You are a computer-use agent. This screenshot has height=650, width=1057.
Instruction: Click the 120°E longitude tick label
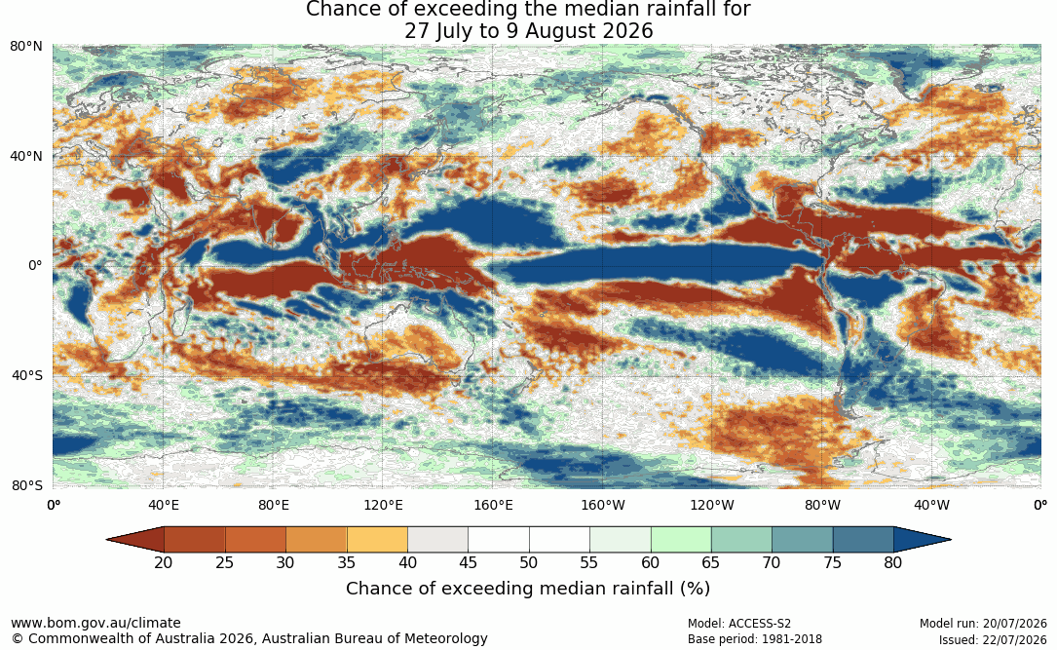(x=384, y=505)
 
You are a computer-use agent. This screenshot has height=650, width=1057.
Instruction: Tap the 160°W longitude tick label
(x=603, y=505)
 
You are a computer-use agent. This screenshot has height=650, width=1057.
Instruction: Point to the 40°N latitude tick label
(x=26, y=157)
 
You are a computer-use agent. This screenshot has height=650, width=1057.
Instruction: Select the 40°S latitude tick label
(x=27, y=375)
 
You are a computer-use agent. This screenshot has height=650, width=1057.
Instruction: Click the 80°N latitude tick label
(x=26, y=47)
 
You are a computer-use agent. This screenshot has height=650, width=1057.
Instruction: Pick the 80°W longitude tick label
(x=822, y=505)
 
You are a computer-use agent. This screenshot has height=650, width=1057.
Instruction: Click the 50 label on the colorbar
(x=528, y=562)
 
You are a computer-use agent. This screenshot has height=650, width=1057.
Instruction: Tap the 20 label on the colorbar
(x=164, y=562)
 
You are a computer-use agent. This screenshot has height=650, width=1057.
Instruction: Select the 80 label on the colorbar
(x=893, y=562)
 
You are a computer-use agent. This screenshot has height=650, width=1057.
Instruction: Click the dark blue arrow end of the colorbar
(x=921, y=540)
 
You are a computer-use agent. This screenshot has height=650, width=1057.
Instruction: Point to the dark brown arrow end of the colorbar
(x=136, y=540)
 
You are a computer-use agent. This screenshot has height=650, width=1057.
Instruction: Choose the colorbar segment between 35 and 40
(x=377, y=540)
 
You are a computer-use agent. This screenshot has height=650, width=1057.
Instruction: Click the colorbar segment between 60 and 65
(x=681, y=540)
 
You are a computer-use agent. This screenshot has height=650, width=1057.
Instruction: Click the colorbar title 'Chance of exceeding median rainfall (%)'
(x=528, y=589)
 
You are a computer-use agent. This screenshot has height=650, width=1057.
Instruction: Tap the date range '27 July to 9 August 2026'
(x=528, y=31)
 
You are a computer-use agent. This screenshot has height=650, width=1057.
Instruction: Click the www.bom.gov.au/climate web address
(x=95, y=623)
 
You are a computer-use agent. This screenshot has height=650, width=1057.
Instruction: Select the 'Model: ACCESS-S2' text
(x=739, y=624)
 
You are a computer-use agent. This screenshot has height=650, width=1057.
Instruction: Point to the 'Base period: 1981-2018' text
(x=755, y=639)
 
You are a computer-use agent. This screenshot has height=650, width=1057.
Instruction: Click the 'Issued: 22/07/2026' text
(x=993, y=640)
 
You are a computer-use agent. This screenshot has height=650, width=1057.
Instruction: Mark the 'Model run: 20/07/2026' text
(x=983, y=624)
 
